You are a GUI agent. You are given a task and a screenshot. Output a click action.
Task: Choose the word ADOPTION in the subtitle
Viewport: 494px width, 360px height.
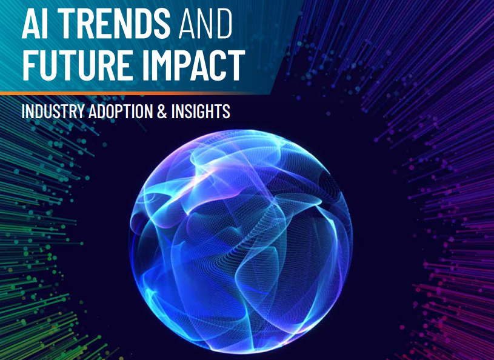click(x=121, y=111)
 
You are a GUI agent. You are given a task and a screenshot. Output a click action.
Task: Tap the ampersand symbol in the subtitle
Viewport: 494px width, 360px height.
click(x=162, y=111)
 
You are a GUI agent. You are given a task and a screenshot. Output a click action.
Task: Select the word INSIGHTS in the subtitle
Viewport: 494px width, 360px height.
click(x=201, y=111)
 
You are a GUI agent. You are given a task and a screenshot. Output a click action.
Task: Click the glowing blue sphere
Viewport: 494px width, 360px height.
click(x=241, y=242)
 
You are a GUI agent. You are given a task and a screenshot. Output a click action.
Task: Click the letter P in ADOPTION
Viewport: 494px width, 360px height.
click(x=118, y=111)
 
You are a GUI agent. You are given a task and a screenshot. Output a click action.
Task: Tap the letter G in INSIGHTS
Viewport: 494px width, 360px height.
click(x=200, y=111)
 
